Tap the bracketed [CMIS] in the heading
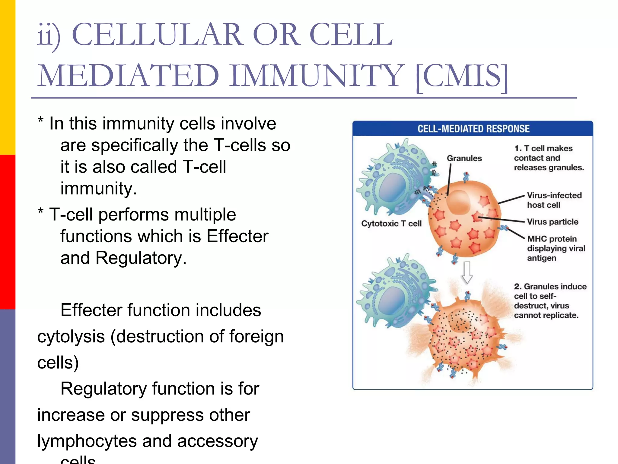click(x=462, y=76)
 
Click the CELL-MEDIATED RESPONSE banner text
click(x=473, y=129)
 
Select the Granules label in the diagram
click(x=464, y=158)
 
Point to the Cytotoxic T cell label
click(x=391, y=224)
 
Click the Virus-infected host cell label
click(x=554, y=200)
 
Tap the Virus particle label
click(x=553, y=222)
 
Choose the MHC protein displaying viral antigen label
click(x=556, y=248)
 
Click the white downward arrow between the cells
click(x=467, y=272)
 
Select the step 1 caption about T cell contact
click(x=548, y=158)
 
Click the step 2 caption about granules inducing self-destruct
click(x=550, y=301)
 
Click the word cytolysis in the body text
click(x=71, y=337)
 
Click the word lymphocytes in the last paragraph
click(x=87, y=441)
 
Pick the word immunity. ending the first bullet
click(x=98, y=189)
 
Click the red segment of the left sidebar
click(x=8, y=232)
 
